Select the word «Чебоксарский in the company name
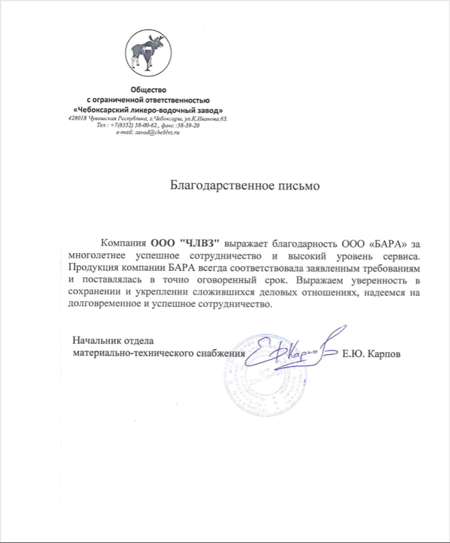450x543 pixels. click(105, 112)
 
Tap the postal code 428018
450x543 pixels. click(79, 119)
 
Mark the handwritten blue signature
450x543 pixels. click(292, 348)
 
